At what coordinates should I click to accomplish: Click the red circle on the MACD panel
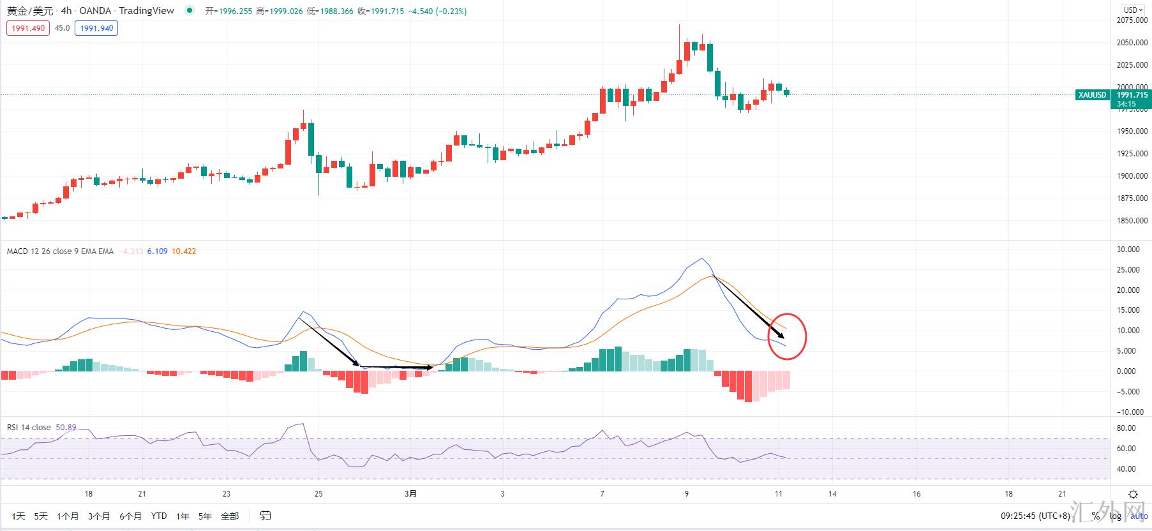click(x=787, y=336)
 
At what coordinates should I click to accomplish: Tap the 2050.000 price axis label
click(x=1132, y=43)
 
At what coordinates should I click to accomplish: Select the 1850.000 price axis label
click(x=1132, y=221)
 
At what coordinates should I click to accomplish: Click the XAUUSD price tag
click(x=1092, y=95)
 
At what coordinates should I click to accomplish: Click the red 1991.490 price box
click(x=28, y=28)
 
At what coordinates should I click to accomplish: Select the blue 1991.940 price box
click(x=96, y=28)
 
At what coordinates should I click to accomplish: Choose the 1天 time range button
click(x=19, y=516)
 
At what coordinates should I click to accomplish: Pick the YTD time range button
click(x=159, y=516)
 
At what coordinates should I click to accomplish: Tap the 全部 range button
click(x=230, y=516)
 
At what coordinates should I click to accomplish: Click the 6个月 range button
click(x=130, y=516)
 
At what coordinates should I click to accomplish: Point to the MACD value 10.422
click(x=184, y=251)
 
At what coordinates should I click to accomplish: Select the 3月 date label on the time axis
click(x=411, y=494)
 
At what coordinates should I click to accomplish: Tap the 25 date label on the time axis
click(x=318, y=494)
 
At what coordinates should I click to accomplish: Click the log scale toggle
click(x=1115, y=516)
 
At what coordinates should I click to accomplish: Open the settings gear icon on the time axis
click(x=1133, y=494)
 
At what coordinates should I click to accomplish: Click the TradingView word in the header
click(x=146, y=11)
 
